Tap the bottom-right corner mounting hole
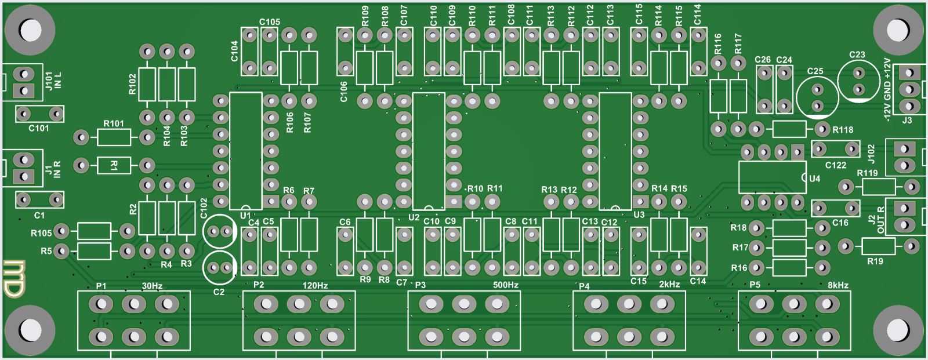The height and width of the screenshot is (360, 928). click(x=898, y=330)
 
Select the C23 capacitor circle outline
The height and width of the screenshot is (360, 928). click(x=858, y=81)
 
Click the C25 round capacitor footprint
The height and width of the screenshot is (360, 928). click(x=817, y=97)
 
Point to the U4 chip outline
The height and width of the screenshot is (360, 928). click(x=772, y=177)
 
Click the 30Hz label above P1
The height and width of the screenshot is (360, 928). click(x=152, y=286)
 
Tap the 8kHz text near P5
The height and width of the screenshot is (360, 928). click(x=838, y=285)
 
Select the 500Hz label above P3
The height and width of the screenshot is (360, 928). click(x=505, y=285)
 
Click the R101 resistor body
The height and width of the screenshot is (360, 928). click(x=114, y=137)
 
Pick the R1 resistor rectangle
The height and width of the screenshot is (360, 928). click(x=114, y=165)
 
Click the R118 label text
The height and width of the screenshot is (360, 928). click(x=843, y=130)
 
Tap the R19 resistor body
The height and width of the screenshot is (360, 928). click(x=878, y=246)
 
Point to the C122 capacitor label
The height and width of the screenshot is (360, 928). click(x=835, y=165)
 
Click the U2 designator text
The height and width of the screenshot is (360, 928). click(x=414, y=218)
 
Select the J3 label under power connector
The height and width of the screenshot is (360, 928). click(x=907, y=121)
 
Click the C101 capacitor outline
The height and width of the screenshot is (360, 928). click(x=39, y=114)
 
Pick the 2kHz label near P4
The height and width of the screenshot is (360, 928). click(x=669, y=285)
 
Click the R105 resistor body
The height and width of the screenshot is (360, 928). click(x=94, y=231)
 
